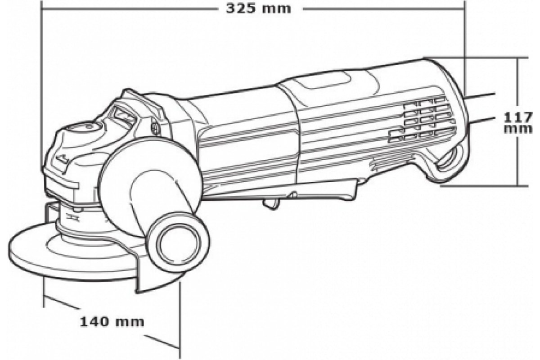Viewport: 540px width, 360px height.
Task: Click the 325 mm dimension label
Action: (x=258, y=9)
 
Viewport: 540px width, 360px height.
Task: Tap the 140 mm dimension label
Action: (x=112, y=322)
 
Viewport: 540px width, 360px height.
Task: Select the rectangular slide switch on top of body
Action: (x=324, y=80)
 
